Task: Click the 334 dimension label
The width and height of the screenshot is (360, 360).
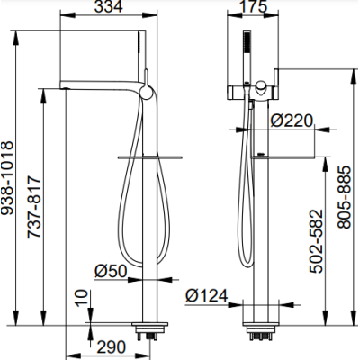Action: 108,6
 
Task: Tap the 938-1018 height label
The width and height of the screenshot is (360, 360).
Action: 7,177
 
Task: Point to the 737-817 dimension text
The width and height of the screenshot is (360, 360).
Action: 33,208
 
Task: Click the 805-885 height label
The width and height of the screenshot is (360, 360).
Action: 344,197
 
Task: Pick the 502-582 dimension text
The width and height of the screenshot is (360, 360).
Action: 317,241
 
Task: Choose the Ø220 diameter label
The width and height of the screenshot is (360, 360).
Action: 292,121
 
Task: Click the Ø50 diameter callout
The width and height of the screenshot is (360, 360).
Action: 111,271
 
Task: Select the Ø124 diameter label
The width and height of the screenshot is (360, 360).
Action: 207,296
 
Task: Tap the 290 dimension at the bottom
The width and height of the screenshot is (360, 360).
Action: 112,346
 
